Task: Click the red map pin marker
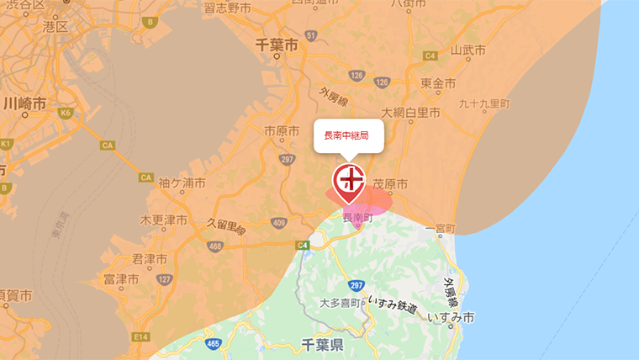point(349,183)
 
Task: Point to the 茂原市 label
point(390,183)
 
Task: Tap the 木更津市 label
point(163,220)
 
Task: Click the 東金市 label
point(438,83)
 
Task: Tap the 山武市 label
point(468,50)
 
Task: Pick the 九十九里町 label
point(484,103)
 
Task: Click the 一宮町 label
point(440,228)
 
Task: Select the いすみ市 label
point(451,317)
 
